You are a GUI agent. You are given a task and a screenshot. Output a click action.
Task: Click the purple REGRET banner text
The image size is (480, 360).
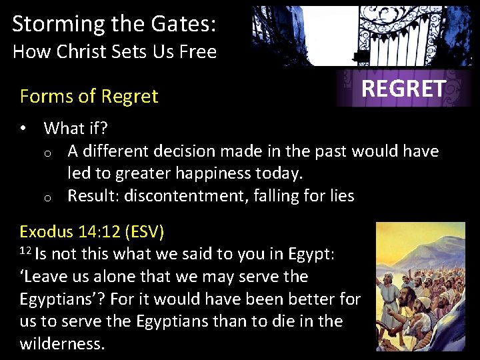[403, 89]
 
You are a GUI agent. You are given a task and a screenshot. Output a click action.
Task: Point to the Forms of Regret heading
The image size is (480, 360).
[89, 97]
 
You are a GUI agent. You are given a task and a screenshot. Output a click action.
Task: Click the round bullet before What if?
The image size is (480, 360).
[25, 128]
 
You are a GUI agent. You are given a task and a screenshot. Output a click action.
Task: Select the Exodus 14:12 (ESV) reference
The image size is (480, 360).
[92, 232]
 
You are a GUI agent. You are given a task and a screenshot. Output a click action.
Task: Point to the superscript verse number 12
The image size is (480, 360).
[25, 251]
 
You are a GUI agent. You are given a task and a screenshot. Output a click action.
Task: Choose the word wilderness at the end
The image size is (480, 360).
[62, 345]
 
